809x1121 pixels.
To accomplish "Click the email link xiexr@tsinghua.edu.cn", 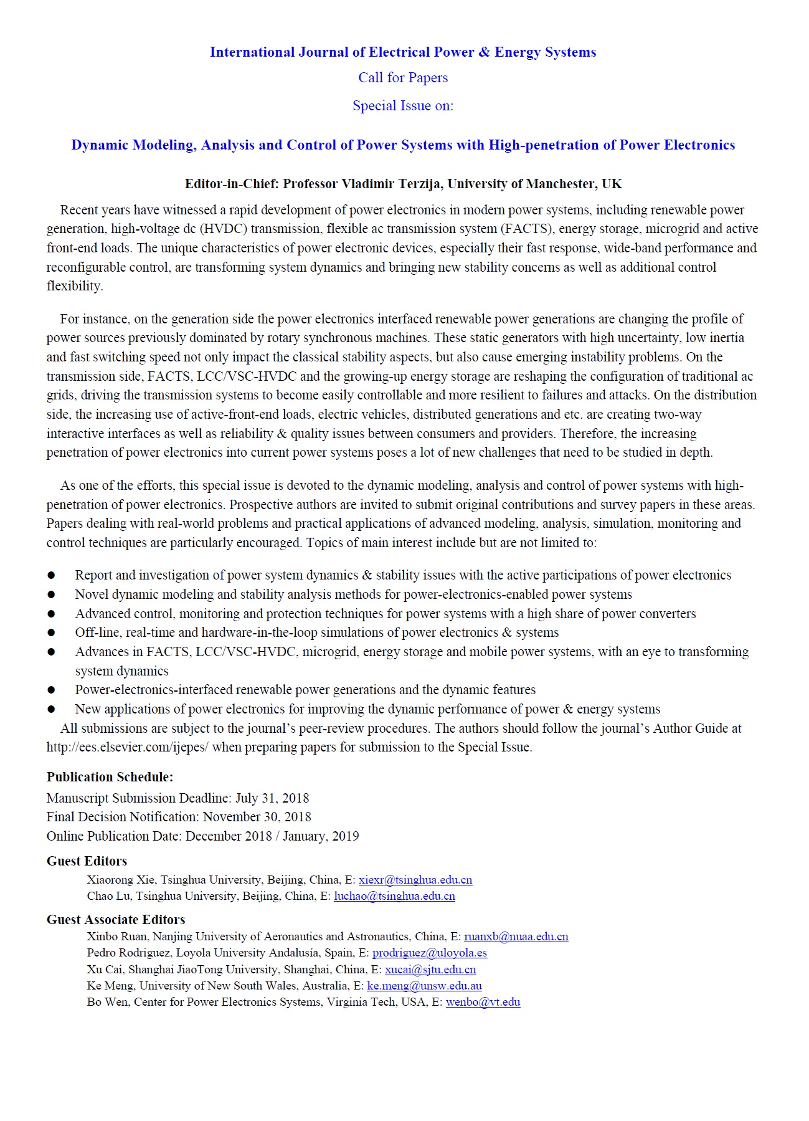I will (415, 880).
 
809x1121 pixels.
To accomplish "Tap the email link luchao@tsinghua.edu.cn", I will (394, 896).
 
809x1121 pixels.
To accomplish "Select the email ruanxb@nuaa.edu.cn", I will (516, 937).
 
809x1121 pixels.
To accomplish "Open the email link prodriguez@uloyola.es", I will (430, 953).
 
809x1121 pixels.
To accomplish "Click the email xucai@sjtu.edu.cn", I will (430, 970).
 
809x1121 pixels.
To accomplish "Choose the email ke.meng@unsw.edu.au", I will (424, 986).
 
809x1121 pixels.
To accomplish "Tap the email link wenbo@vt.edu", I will (483, 1002).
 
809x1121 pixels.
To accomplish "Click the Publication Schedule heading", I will (110, 777).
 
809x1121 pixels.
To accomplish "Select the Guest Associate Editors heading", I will (116, 920).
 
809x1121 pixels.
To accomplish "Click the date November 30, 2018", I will (257, 817).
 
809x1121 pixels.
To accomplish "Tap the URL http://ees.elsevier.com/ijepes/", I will (127, 747).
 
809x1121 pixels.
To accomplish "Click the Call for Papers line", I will (403, 78).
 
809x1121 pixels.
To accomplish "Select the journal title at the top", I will (403, 52).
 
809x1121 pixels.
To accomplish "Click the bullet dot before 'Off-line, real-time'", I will (51, 632).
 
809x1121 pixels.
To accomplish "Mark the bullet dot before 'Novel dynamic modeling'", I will (51, 594).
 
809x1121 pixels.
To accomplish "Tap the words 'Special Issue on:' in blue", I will (403, 106).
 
